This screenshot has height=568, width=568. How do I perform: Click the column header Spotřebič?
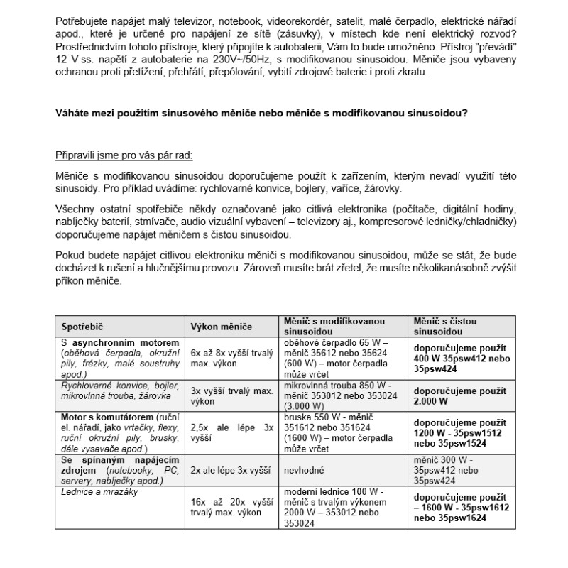click(x=82, y=327)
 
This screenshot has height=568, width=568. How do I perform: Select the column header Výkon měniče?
click(x=222, y=327)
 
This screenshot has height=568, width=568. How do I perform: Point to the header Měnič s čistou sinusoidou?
click(x=444, y=327)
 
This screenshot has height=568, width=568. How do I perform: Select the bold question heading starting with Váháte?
click(x=261, y=111)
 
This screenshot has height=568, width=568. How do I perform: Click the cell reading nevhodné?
click(x=307, y=470)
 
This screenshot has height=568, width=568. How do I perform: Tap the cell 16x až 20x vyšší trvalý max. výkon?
click(x=232, y=506)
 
